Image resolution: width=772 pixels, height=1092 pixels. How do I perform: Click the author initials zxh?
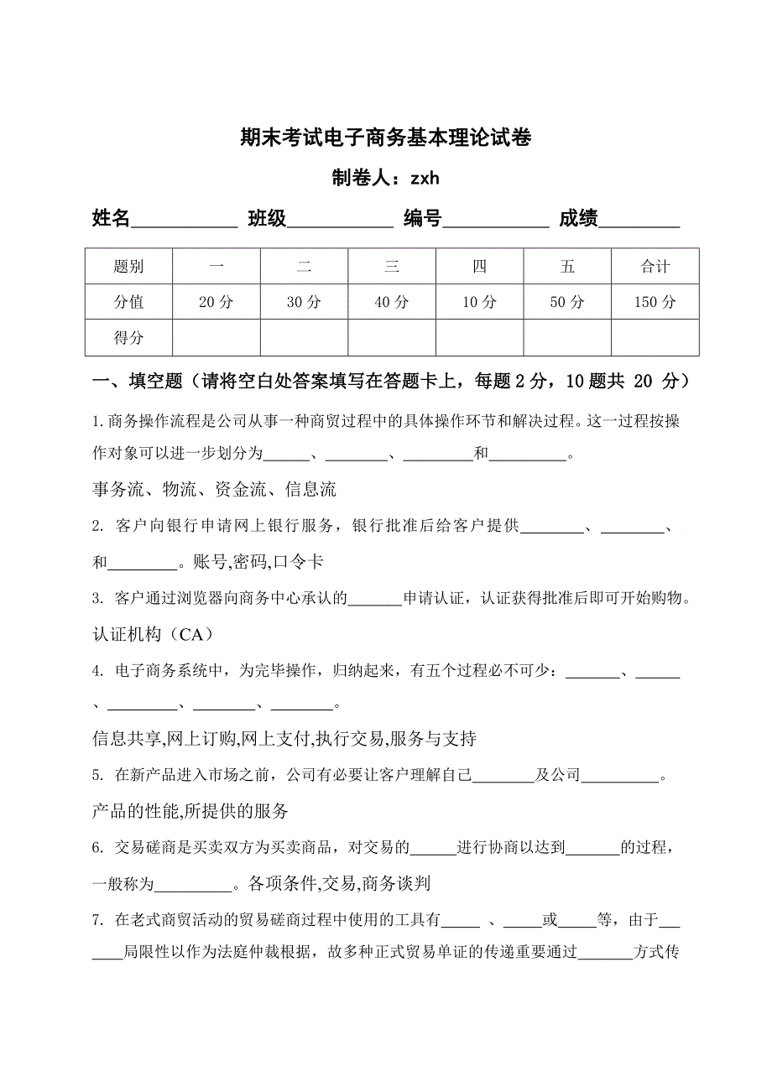425,179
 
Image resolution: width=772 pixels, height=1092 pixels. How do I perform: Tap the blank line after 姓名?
185,221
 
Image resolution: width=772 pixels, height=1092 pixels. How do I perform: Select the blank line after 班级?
341,221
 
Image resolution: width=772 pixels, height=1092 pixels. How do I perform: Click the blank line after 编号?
496,221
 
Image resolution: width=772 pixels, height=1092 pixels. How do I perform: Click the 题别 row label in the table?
128,267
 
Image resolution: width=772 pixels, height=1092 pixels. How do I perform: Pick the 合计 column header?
655,267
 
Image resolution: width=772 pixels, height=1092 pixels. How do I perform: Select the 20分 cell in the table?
216,303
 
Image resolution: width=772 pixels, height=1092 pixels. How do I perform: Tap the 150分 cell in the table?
655,303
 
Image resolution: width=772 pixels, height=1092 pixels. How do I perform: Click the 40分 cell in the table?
392,303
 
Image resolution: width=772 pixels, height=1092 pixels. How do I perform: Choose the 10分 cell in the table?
479,303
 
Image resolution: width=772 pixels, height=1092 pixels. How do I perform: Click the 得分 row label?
128,338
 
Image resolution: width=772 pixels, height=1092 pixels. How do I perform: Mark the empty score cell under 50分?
567,338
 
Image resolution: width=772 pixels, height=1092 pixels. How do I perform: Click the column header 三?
392,267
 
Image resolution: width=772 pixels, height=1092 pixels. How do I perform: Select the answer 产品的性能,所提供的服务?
190,811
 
